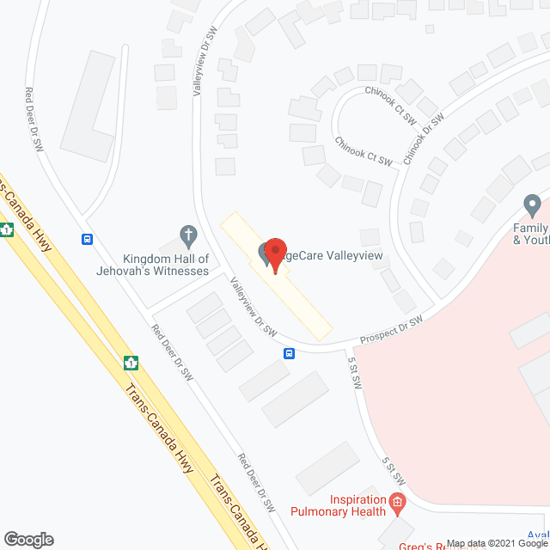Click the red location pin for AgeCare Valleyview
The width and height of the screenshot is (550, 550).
coord(275,252)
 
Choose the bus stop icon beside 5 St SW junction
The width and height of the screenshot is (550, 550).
coord(290,353)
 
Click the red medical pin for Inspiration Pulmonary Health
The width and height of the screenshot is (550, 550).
coord(396,501)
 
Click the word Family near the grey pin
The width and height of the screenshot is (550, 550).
coord(531,228)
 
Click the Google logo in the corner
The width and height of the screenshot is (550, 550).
coord(27,539)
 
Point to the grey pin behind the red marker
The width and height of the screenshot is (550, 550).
coord(262,254)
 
